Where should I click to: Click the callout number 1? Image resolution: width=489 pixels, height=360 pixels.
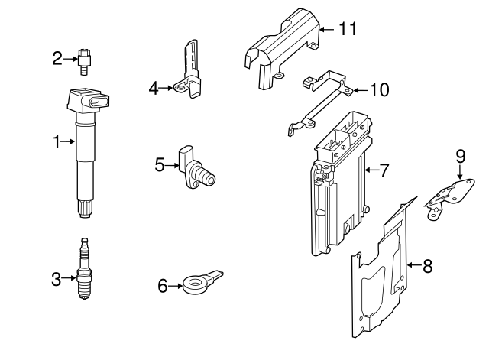(x=56, y=141)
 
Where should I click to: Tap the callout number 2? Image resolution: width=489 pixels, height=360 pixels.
(x=57, y=57)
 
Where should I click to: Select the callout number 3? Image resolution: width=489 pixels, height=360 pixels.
(x=56, y=280)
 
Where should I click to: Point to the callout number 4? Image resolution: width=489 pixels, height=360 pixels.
(x=154, y=89)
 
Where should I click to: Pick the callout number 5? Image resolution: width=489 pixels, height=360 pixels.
(x=160, y=163)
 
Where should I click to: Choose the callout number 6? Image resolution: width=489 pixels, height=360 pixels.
(x=162, y=286)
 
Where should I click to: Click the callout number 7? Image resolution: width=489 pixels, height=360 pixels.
(x=384, y=170)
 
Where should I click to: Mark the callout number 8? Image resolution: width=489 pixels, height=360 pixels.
(x=427, y=266)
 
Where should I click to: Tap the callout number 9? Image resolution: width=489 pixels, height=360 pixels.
(x=460, y=156)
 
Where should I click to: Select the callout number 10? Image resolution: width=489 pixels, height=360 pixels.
(x=379, y=90)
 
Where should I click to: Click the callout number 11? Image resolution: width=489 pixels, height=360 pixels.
(x=348, y=29)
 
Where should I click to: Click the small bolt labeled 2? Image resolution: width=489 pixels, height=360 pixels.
(x=85, y=60)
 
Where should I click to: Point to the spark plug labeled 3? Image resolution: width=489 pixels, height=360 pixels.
(x=85, y=271)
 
